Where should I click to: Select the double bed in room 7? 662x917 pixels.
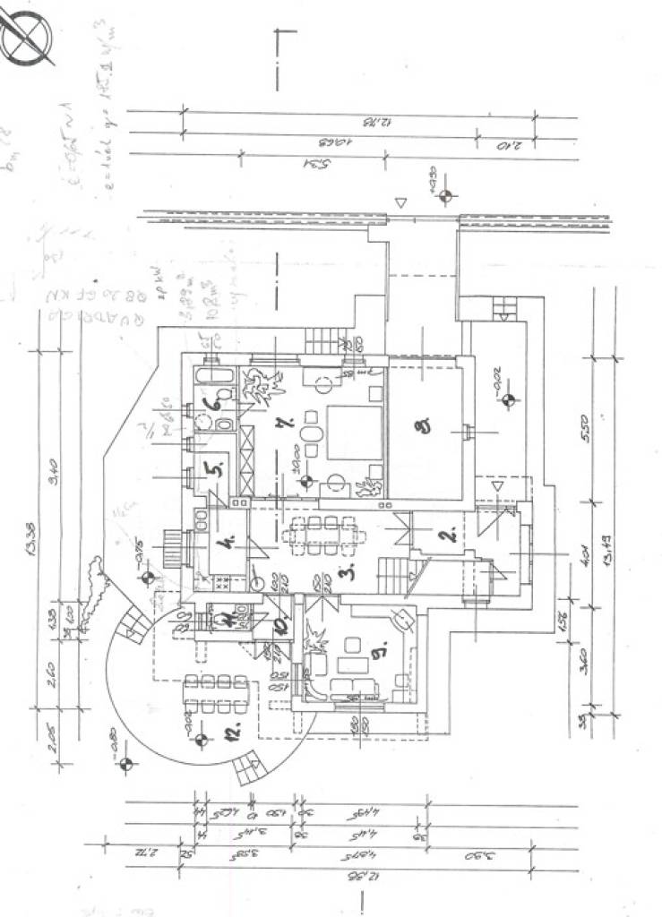[352, 433]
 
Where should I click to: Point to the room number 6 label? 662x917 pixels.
[213, 404]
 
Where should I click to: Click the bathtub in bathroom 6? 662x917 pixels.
[216, 376]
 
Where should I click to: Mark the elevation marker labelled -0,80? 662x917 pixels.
[125, 763]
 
